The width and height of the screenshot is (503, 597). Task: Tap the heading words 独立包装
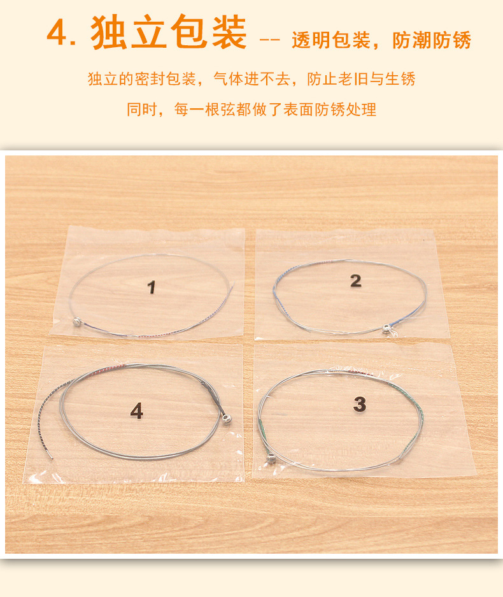(169, 32)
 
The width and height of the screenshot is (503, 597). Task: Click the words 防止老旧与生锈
(361, 80)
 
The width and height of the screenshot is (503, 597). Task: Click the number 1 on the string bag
(152, 287)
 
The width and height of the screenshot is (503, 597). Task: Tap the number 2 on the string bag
(355, 280)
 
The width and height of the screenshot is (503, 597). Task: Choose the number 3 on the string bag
(360, 403)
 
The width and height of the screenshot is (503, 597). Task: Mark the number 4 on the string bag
(136, 412)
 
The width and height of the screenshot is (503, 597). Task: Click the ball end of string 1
(77, 322)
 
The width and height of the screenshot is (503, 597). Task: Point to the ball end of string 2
(386, 328)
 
